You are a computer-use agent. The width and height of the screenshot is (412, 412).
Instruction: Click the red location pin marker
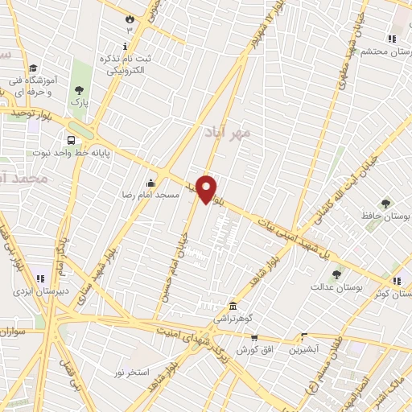(208, 188)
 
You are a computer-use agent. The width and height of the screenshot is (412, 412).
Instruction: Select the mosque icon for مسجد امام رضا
(150, 181)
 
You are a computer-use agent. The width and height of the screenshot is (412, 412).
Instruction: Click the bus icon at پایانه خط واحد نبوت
(72, 138)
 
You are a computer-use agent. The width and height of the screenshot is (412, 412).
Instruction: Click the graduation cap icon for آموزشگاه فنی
(34, 69)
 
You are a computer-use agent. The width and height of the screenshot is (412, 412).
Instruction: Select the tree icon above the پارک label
(79, 90)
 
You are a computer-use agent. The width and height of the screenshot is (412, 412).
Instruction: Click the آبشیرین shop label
(304, 350)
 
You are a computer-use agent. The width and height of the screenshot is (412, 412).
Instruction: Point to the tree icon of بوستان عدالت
(336, 275)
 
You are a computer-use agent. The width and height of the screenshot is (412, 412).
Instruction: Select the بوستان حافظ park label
(385, 216)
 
